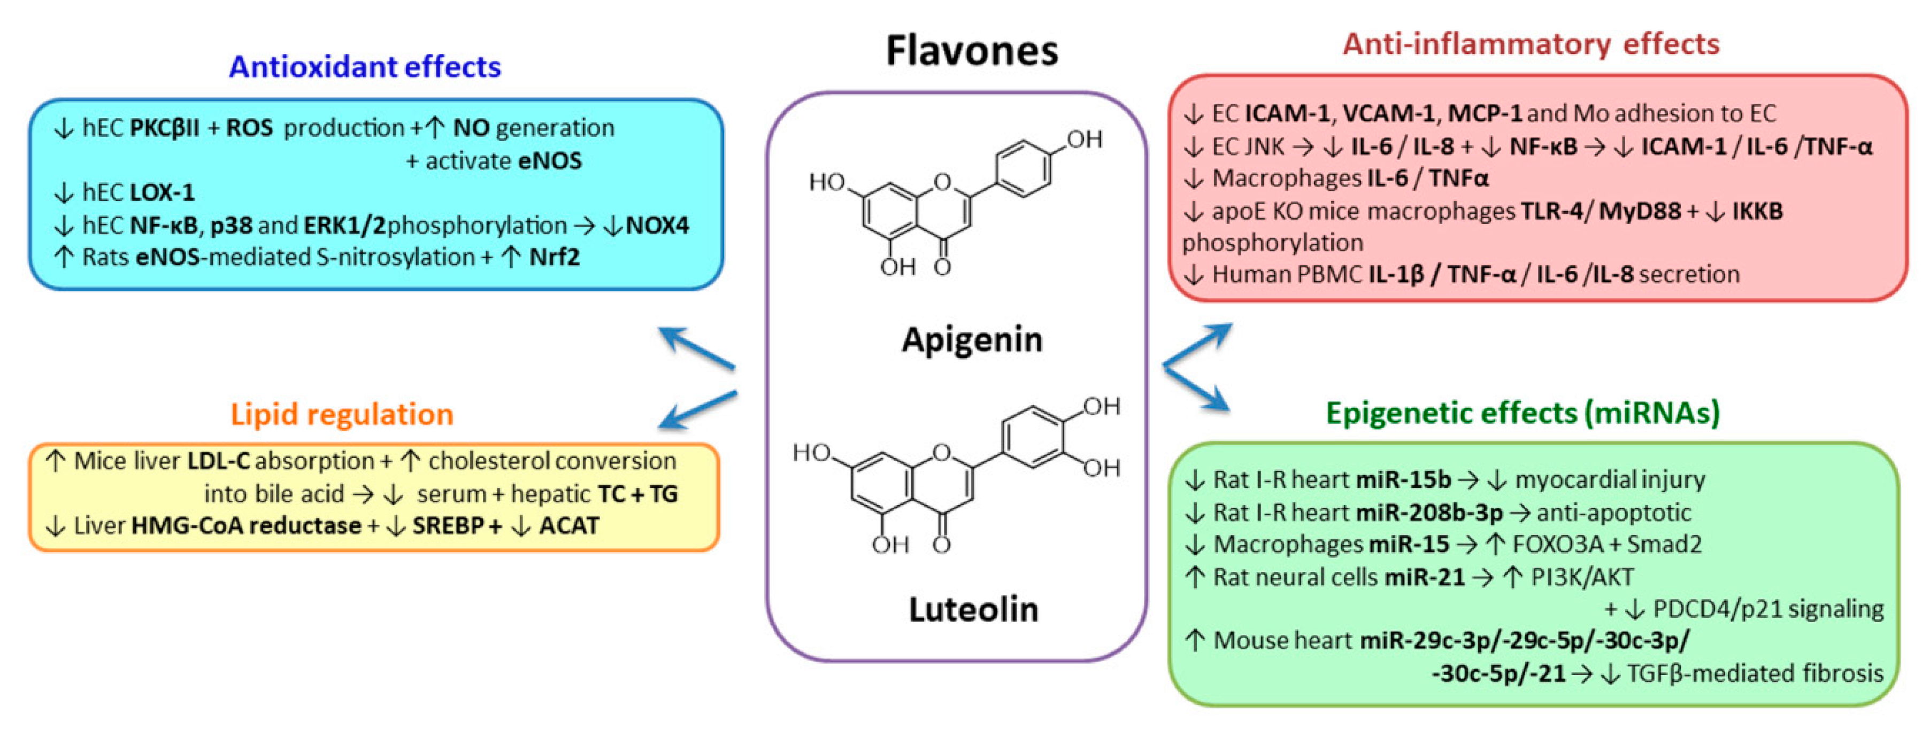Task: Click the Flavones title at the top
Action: coord(972,51)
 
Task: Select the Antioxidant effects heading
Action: coord(365,67)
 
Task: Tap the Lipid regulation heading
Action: coord(342,414)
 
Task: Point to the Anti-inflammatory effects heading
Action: coord(1531,44)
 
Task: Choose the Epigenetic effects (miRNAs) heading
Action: coord(1523,413)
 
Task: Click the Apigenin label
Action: coord(972,339)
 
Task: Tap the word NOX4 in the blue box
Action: coord(657,226)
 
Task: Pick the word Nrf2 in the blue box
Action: coord(555,258)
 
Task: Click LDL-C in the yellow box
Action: coord(218,461)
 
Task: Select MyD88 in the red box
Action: coord(1639,211)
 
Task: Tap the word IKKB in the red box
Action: coord(1757,211)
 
